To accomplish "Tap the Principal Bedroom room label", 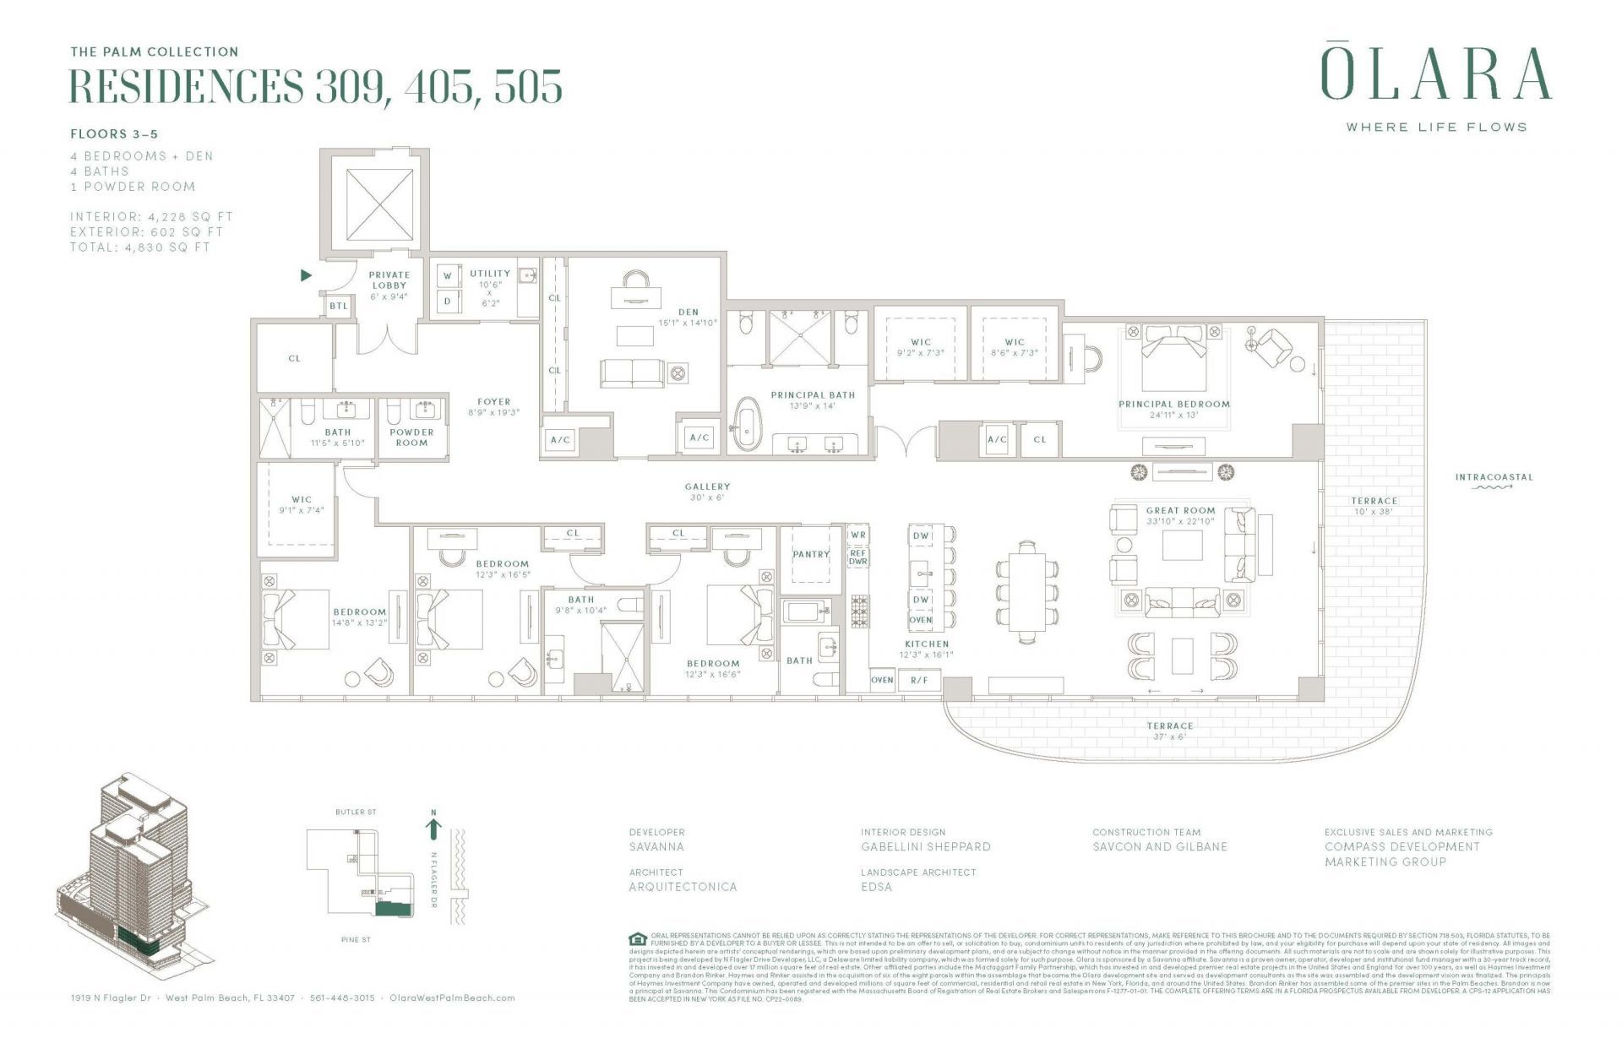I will point(1174,405).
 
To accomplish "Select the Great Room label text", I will point(1180,511).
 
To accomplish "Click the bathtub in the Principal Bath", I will point(747,425).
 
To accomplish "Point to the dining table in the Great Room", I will point(1026,591).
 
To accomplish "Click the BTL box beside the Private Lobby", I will point(339,306).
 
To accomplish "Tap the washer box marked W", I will point(448,275).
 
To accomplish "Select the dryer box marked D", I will point(448,300).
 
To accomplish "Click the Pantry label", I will point(810,555).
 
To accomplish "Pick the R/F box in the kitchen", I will point(919,680).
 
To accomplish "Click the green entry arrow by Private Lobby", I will point(307,275).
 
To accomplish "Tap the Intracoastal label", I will point(1494,477).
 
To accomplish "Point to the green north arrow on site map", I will point(434,829).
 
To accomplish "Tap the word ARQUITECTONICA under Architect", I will point(683,887).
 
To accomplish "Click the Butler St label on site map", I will point(356,813).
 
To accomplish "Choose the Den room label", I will point(688,313).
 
